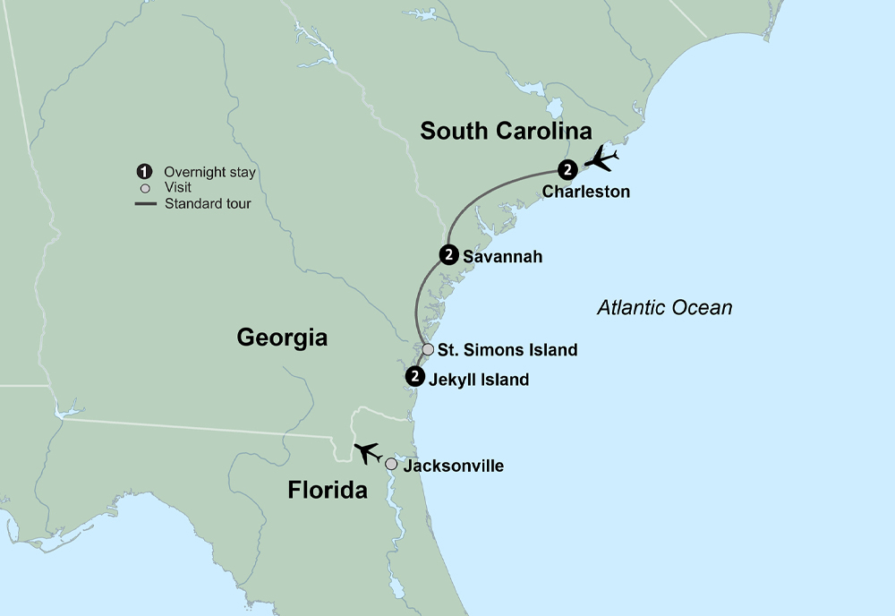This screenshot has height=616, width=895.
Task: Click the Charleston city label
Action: [x=585, y=192]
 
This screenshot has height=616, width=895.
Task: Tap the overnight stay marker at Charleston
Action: [x=567, y=169]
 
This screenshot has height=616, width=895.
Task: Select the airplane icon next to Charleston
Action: [x=601, y=160]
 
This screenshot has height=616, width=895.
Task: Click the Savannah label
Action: [x=502, y=257]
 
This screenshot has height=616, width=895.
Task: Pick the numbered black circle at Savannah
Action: [x=449, y=255]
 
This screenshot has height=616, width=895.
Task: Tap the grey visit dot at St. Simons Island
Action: [x=428, y=349]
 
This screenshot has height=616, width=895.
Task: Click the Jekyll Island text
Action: [x=479, y=380]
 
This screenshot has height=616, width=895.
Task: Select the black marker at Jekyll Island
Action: [x=413, y=377]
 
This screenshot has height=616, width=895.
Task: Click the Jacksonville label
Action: [x=453, y=466]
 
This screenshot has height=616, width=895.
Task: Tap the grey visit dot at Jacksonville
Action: [x=391, y=464]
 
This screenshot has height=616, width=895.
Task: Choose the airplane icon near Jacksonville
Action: [x=367, y=453]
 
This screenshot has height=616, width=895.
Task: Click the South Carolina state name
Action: [x=506, y=132]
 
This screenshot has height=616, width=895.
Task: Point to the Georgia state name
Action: [x=282, y=338]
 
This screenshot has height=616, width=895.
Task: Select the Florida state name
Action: [x=328, y=491]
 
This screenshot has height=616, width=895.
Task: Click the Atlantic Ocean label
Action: [x=664, y=308]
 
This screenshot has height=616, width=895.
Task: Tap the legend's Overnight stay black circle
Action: [x=143, y=172]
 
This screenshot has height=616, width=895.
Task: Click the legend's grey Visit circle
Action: [x=144, y=188]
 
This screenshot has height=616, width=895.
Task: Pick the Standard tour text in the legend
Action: [x=208, y=203]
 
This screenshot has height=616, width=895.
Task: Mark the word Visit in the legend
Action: [x=178, y=188]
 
